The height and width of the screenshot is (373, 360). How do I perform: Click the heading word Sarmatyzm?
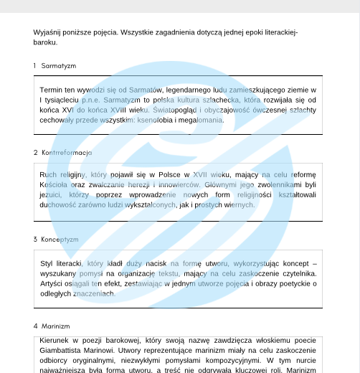(59, 66)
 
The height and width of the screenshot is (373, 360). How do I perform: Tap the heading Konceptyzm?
(60, 240)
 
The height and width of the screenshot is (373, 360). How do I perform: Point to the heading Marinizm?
(55, 326)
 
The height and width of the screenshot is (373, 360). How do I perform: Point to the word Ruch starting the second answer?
(49, 174)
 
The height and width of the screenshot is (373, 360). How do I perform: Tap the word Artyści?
(55, 283)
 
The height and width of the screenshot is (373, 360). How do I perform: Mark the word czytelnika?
(293, 273)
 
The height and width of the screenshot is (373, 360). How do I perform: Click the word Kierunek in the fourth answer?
(57, 340)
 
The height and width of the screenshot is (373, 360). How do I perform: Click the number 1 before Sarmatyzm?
(34, 66)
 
